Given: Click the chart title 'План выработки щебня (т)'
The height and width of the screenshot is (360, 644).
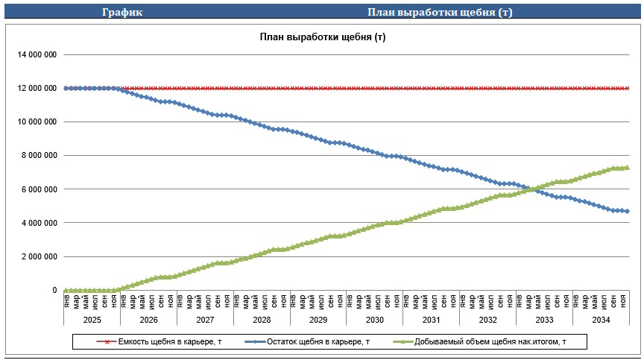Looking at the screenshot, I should click(x=322, y=37).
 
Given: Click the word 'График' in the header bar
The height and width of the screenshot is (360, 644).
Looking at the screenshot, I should click(x=122, y=12).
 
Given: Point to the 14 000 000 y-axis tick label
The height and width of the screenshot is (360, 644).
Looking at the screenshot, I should click(x=37, y=54).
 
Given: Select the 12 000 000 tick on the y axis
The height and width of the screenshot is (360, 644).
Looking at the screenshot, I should click(x=37, y=88).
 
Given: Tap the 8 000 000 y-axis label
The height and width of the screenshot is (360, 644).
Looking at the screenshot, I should click(x=39, y=156).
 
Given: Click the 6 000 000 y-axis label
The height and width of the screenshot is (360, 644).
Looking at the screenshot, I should click(x=39, y=189).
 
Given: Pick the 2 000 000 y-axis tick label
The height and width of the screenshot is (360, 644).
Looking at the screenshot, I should click(x=39, y=256).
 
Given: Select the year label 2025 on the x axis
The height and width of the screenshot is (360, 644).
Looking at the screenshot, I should click(x=92, y=320).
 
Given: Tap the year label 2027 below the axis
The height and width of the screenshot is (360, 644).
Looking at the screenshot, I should click(x=205, y=320).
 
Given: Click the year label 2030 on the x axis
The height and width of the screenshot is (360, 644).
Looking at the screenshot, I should click(x=374, y=320).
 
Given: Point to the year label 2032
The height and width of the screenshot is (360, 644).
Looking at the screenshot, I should click(x=487, y=320).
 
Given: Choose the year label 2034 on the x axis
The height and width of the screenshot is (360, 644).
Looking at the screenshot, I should click(x=600, y=320).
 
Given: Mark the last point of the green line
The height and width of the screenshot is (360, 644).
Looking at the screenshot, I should click(x=628, y=168).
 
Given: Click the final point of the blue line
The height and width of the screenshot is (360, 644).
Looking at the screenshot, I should click(x=628, y=211).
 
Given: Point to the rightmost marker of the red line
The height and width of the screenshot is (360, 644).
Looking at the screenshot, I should click(x=628, y=88).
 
